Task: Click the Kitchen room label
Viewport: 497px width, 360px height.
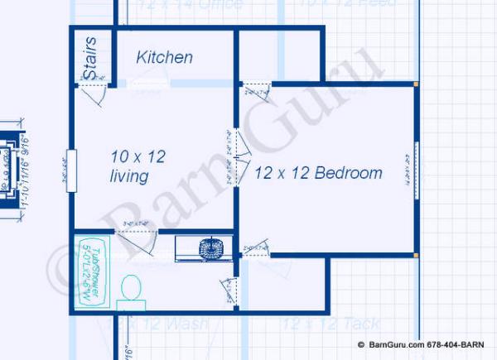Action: pyautogui.click(x=165, y=57)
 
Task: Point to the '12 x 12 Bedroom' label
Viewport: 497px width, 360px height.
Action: pyautogui.click(x=318, y=173)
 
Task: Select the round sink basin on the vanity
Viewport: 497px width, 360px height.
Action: pyautogui.click(x=212, y=247)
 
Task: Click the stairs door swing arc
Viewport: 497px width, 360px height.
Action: pyautogui.click(x=93, y=93)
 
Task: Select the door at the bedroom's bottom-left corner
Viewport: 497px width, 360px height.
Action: pyautogui.click(x=257, y=247)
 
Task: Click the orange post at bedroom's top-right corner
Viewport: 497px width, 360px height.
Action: pyautogui.click(x=416, y=84)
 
